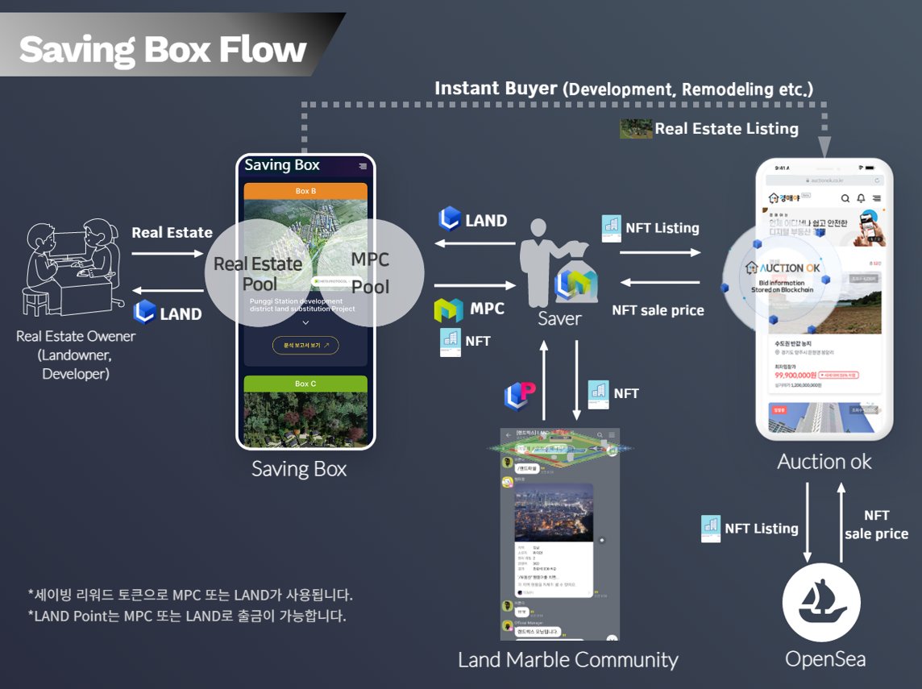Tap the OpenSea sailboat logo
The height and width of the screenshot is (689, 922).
[821, 604]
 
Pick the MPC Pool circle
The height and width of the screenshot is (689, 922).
[370, 272]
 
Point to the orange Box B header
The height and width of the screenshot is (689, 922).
[305, 191]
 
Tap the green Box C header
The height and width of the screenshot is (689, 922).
[305, 384]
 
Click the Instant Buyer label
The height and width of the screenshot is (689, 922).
[495, 89]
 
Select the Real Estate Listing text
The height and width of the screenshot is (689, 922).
[725, 129]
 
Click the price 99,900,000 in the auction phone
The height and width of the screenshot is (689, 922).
[795, 375]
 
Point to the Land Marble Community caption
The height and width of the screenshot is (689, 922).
[567, 659]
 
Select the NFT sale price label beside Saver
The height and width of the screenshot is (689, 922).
[658, 310]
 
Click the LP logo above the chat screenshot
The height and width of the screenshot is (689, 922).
[520, 394]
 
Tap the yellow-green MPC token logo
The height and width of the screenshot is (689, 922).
[448, 309]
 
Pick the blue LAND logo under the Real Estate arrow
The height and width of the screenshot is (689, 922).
[144, 313]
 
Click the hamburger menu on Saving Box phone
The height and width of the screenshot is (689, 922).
[363, 166]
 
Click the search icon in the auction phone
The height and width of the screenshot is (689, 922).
[845, 198]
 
